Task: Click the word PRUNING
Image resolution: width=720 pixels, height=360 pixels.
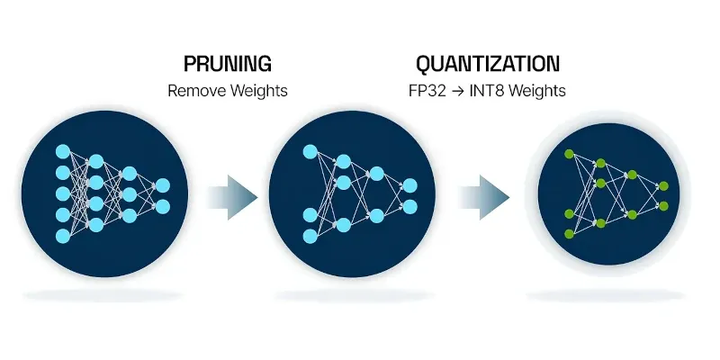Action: click(227, 64)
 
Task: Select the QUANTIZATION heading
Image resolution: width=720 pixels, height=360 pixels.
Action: click(487, 64)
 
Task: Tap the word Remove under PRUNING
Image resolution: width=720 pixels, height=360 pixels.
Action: click(194, 91)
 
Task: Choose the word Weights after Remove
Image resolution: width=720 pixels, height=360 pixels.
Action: click(257, 91)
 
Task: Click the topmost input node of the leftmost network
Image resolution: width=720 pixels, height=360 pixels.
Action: click(62, 149)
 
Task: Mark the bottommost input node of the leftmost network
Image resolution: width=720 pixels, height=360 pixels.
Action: click(62, 236)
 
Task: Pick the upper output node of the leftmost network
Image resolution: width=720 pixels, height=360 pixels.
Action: click(163, 185)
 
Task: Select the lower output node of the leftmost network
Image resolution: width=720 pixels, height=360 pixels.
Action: click(163, 207)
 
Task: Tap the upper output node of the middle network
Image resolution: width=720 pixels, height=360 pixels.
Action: click(410, 185)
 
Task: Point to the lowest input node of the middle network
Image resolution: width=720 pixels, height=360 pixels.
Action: click(310, 236)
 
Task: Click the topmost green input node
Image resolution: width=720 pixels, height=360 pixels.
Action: click(569, 156)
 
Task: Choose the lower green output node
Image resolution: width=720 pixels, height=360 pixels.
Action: click(663, 206)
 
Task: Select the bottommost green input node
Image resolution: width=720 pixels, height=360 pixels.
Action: click(569, 234)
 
